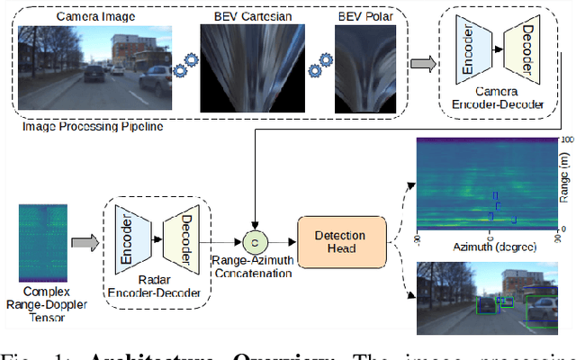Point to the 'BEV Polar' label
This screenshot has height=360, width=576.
pyautogui.click(x=364, y=16)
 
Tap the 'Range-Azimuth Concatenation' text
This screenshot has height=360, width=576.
pyautogui.click(x=254, y=272)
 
